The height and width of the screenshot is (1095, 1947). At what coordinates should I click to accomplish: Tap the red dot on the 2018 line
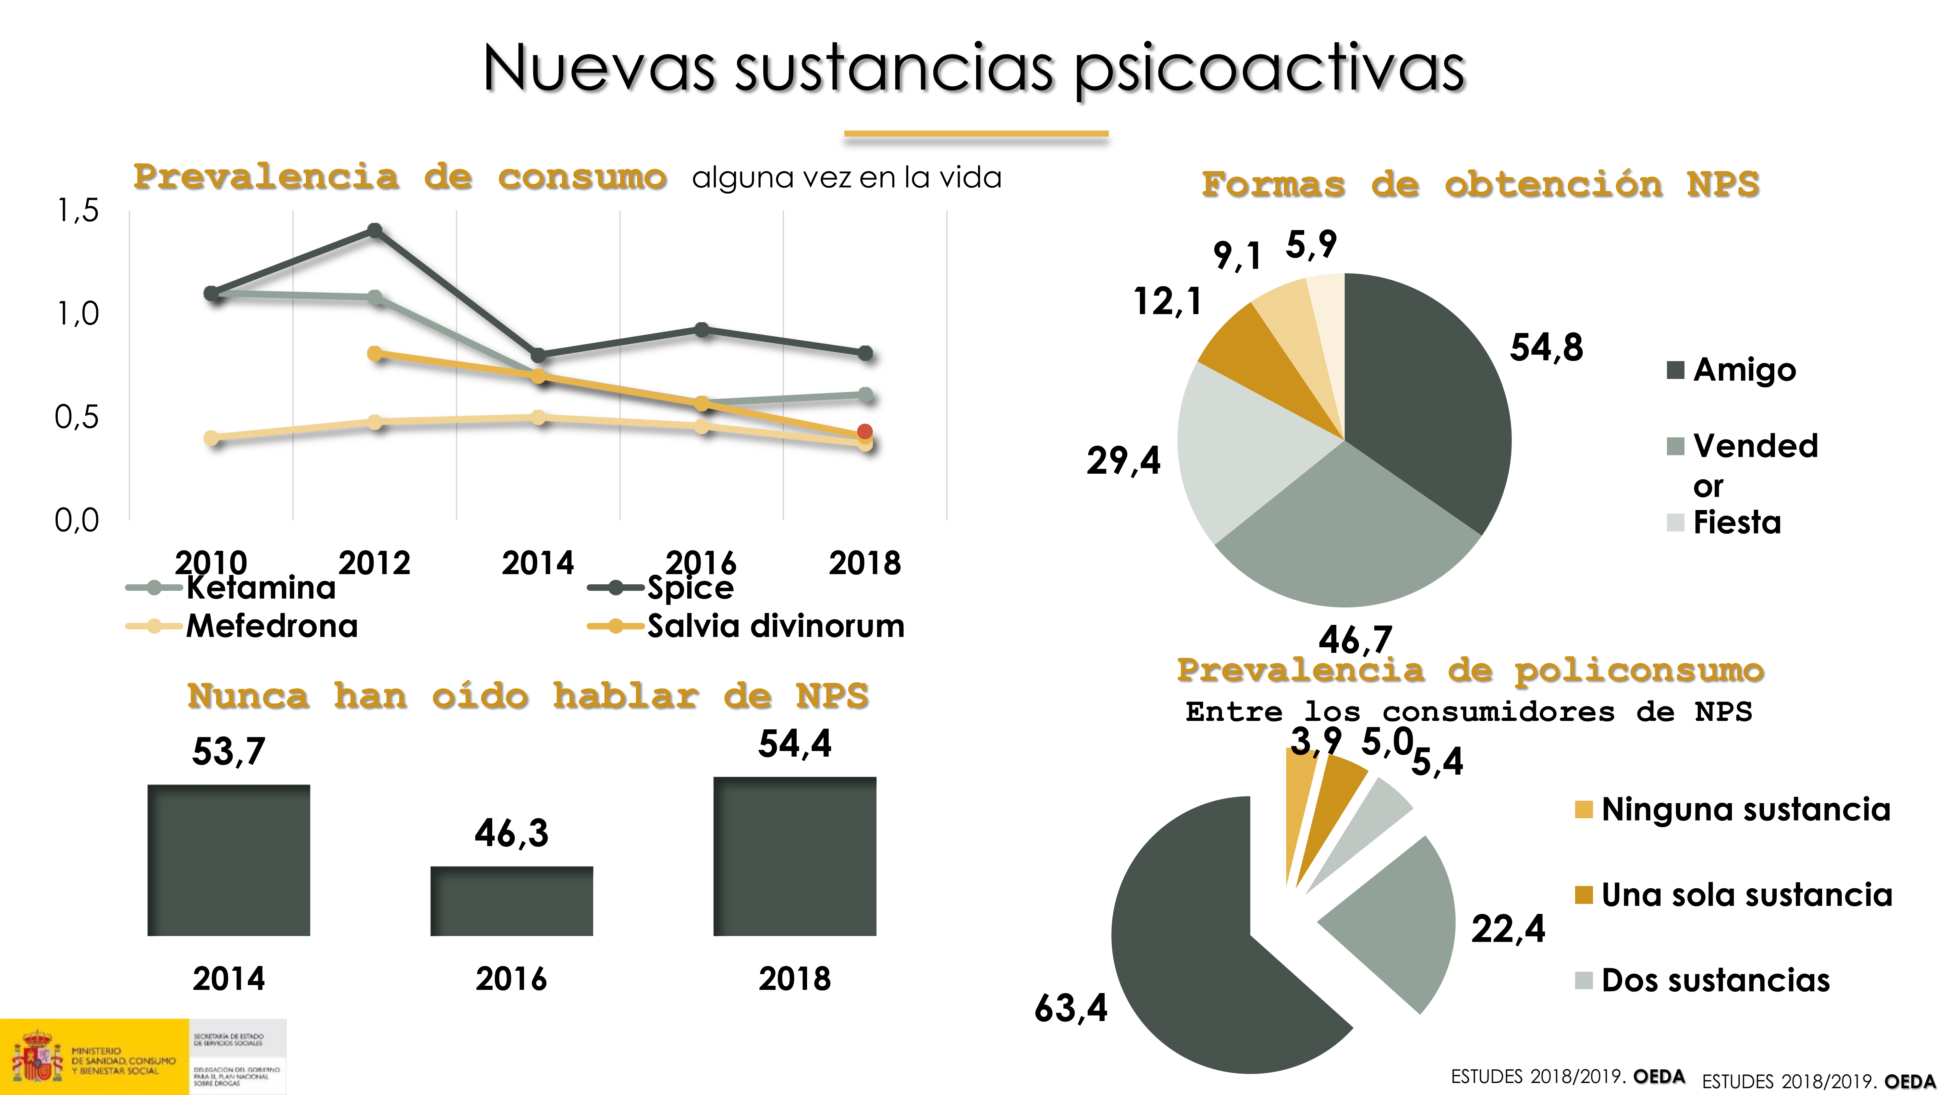[865, 432]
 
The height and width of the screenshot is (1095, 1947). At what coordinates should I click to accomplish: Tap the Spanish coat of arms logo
[36, 1056]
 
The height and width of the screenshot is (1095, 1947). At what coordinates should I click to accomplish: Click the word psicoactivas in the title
[1270, 69]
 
